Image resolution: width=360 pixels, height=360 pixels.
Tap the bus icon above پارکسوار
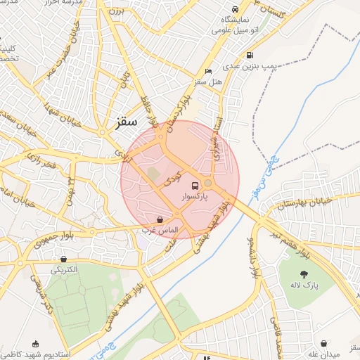(x=194, y=185)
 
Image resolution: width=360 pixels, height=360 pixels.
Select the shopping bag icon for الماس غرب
(x=160, y=219)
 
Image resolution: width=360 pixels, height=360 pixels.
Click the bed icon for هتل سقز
(x=207, y=72)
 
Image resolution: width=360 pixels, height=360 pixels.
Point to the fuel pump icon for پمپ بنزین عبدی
(x=249, y=56)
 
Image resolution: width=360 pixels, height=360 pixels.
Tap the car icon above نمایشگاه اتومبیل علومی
(x=235, y=10)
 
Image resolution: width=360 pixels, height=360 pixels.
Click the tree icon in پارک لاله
(x=304, y=274)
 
